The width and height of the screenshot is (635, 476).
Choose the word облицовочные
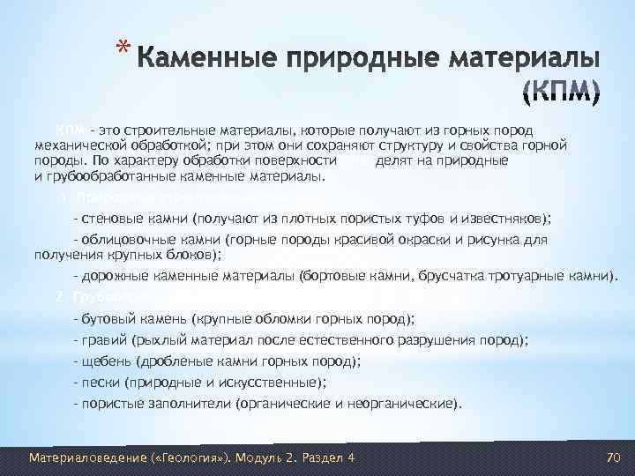(121, 240)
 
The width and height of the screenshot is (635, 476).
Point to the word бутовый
(107, 318)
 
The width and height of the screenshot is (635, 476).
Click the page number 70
(615, 457)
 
